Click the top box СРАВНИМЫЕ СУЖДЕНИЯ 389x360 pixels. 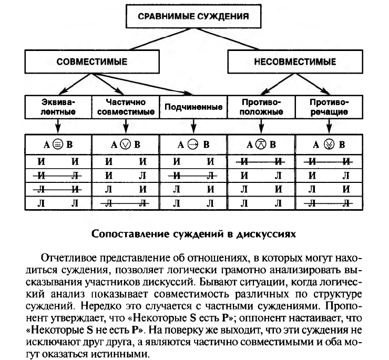[x=193, y=16]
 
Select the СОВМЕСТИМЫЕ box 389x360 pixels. [x=92, y=61]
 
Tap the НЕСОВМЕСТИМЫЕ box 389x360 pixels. [x=295, y=61]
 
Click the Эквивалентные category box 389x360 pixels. [x=58, y=107]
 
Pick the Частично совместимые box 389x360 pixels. [x=126, y=107]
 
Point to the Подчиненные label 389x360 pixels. [x=193, y=107]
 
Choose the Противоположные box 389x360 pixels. [x=261, y=107]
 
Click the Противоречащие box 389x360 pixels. [x=329, y=107]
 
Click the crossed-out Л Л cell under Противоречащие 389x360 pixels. [x=329, y=203]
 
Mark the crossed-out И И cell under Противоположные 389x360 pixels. [x=261, y=161]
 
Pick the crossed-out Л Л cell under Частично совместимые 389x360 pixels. [x=126, y=203]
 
